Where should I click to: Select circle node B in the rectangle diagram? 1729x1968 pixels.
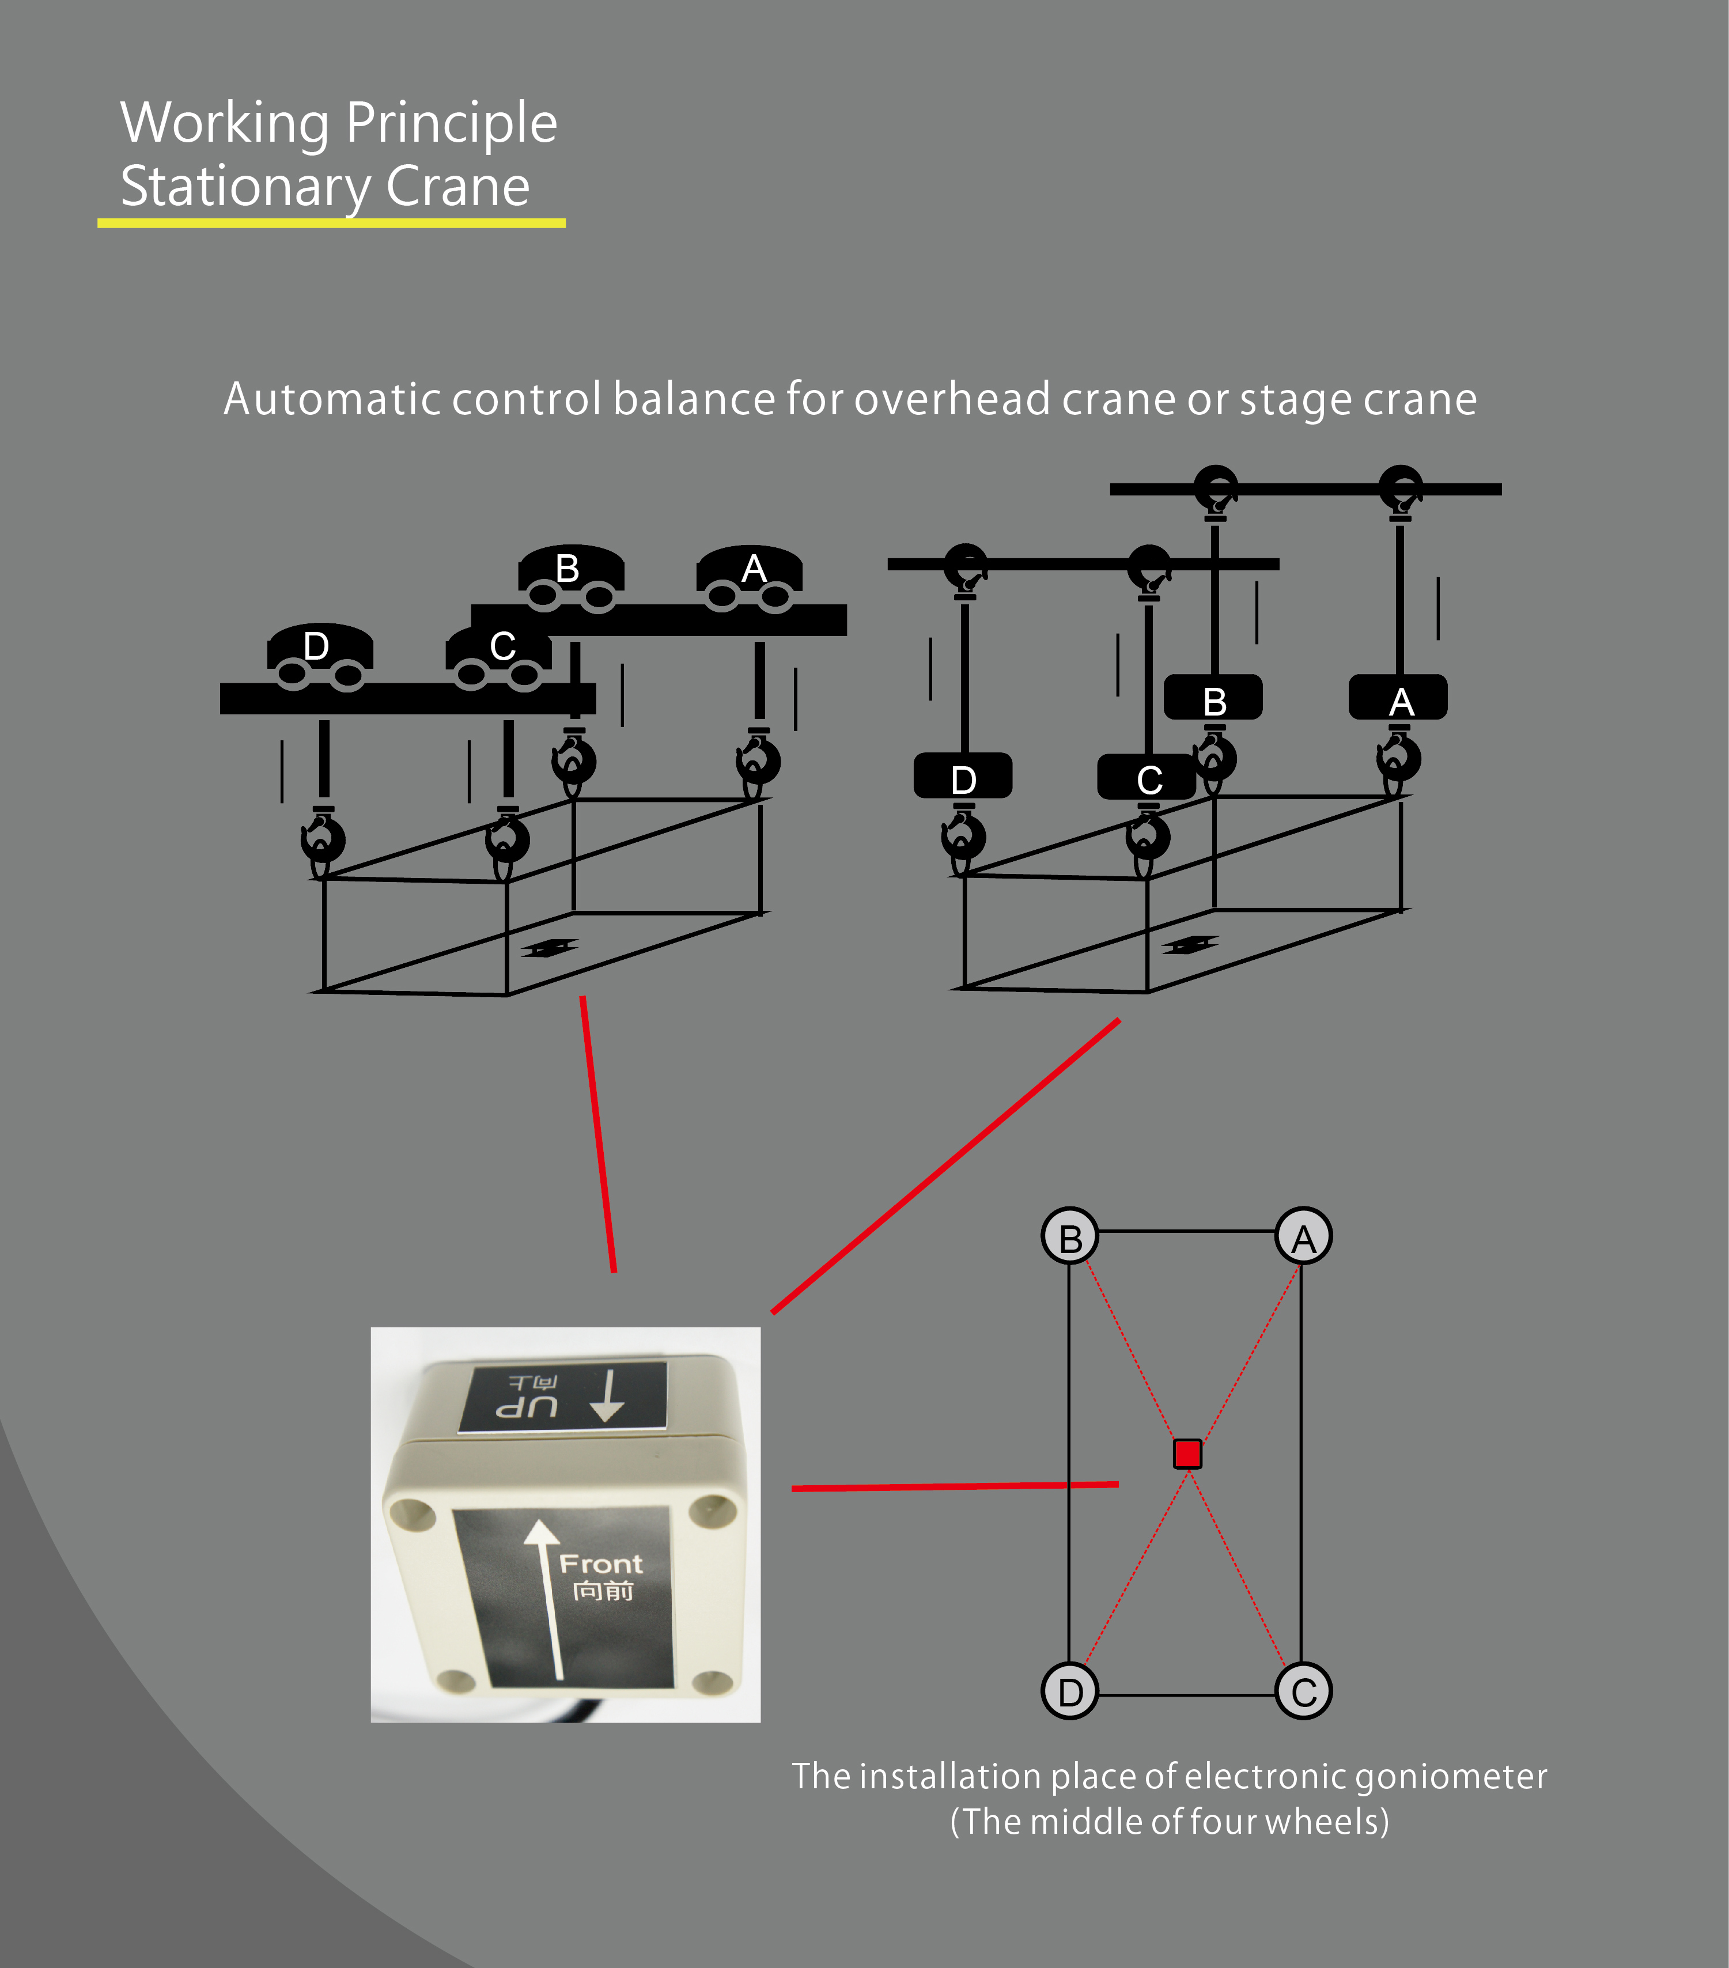click(x=1069, y=1236)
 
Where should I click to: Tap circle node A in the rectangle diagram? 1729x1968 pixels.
click(x=1303, y=1236)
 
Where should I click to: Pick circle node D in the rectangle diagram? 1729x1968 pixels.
click(x=1069, y=1691)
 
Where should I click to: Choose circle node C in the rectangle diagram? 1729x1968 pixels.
click(x=1303, y=1691)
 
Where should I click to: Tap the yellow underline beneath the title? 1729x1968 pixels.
click(x=331, y=224)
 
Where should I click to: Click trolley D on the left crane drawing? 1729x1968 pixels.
click(x=320, y=657)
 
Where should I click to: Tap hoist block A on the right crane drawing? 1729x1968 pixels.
click(x=1398, y=697)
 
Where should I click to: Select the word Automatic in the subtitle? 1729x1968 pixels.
click(x=331, y=399)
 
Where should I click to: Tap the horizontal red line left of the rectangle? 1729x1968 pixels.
click(x=955, y=1486)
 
